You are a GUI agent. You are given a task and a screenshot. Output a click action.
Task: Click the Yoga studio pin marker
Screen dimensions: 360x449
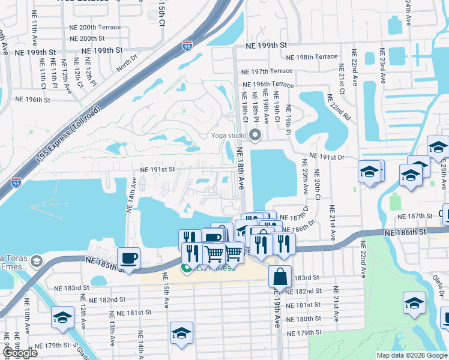(x=255, y=135)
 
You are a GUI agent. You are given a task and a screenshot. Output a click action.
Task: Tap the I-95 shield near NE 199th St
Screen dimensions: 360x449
(x=187, y=46)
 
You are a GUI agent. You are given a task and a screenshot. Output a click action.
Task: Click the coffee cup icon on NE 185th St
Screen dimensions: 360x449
(x=129, y=259)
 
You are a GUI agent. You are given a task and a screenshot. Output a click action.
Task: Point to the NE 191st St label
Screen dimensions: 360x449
(x=157, y=170)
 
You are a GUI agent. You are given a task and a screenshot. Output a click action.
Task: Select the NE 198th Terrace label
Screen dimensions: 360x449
(x=312, y=57)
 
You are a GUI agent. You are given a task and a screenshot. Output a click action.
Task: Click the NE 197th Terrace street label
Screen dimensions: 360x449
(x=268, y=71)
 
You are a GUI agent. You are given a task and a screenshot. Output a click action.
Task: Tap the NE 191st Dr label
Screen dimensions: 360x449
(x=325, y=157)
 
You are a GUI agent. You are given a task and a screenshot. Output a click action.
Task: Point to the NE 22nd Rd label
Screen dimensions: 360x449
(x=338, y=106)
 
